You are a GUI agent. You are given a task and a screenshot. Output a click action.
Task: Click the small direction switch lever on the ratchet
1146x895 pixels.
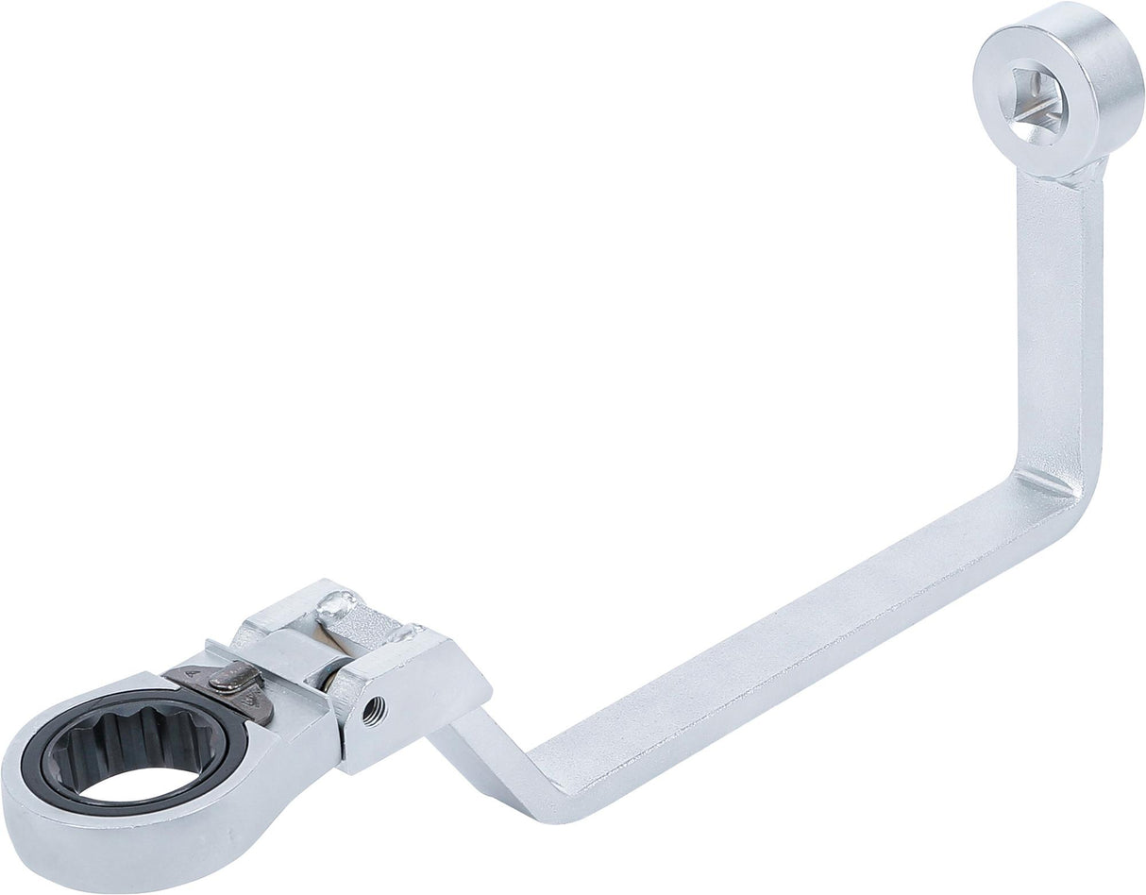[228, 676]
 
